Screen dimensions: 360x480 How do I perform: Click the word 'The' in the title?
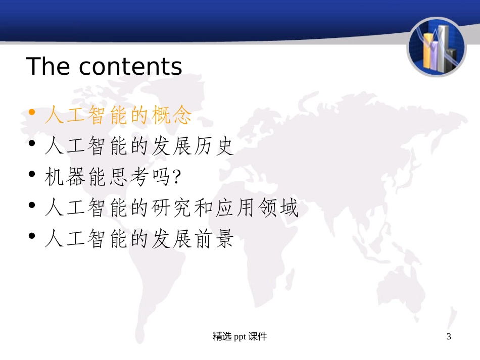[x=48, y=66]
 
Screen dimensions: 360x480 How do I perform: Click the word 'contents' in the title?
[x=130, y=67]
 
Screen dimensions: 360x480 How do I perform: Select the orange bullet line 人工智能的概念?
[x=118, y=116]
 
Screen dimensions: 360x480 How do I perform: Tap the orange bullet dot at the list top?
[x=32, y=113]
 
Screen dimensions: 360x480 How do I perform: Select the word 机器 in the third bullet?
[x=65, y=177]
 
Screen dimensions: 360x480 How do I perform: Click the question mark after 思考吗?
[x=176, y=177]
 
